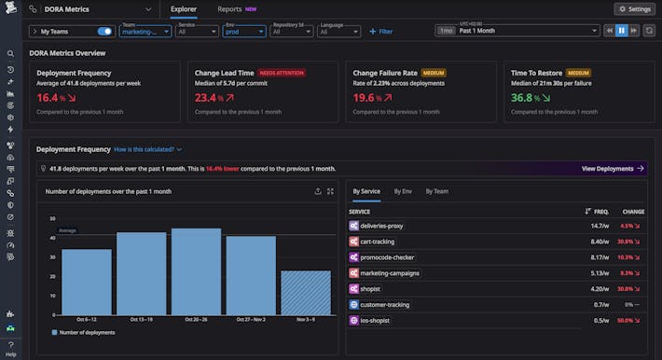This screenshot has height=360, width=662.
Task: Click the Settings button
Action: (634, 8)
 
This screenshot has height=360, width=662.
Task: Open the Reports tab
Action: (229, 8)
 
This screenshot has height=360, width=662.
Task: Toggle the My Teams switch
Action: (104, 31)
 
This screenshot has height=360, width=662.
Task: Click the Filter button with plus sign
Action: (380, 31)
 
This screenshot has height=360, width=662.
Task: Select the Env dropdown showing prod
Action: (243, 31)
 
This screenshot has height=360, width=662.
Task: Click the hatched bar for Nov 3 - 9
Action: (305, 292)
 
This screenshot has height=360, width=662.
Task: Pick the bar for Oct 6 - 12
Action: (86, 281)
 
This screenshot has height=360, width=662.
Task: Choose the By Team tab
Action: (436, 191)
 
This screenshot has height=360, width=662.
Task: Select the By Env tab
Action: (403, 191)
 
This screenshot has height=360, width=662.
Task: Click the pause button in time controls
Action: (621, 31)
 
